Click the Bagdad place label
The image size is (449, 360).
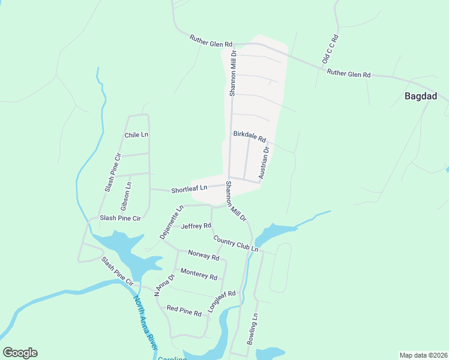[x=420, y=96]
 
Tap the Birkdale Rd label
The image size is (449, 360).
[x=249, y=137]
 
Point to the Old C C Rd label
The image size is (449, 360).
[x=331, y=50]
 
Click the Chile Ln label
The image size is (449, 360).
[x=136, y=135]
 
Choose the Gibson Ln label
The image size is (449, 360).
[x=128, y=196]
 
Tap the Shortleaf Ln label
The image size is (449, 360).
[x=188, y=189]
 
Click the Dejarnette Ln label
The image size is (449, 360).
[x=169, y=223]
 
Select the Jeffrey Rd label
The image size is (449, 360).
[x=196, y=226]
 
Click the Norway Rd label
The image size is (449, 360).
[x=203, y=256]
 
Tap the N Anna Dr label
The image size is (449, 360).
[x=164, y=285]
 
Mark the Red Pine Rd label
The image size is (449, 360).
[x=184, y=310]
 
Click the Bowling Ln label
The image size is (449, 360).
[x=253, y=329]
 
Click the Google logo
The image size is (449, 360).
[x=20, y=353]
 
